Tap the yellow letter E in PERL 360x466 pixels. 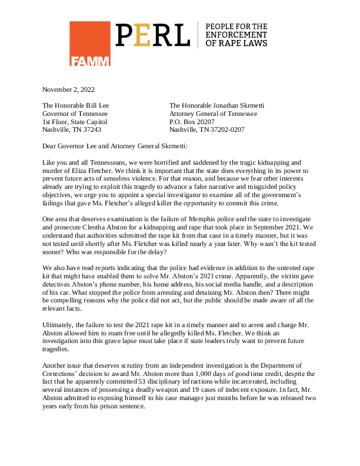point(142,35)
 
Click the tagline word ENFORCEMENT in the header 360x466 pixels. point(234,35)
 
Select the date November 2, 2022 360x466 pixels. point(68,89)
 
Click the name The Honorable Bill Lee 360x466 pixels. point(75,106)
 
